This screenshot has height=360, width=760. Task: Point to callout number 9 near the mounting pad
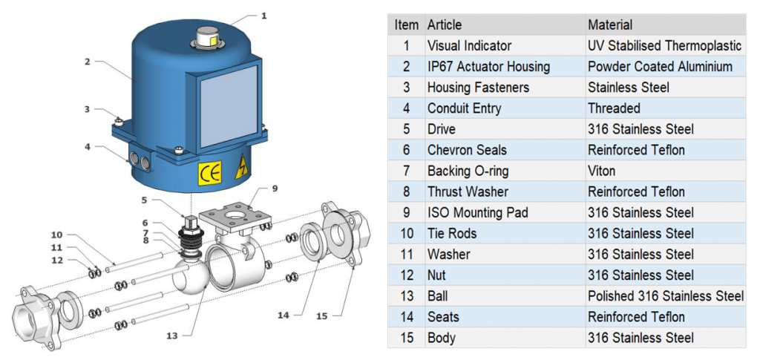(274, 188)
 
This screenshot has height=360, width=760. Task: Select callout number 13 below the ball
(172, 336)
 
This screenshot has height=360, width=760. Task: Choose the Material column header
(610, 24)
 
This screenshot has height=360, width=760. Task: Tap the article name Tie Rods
(452, 233)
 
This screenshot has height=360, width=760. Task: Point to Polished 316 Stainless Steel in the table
(665, 295)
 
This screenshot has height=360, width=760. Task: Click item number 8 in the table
(406, 192)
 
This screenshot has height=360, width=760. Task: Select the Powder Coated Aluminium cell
(660, 67)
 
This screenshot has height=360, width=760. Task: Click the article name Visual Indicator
(469, 45)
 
